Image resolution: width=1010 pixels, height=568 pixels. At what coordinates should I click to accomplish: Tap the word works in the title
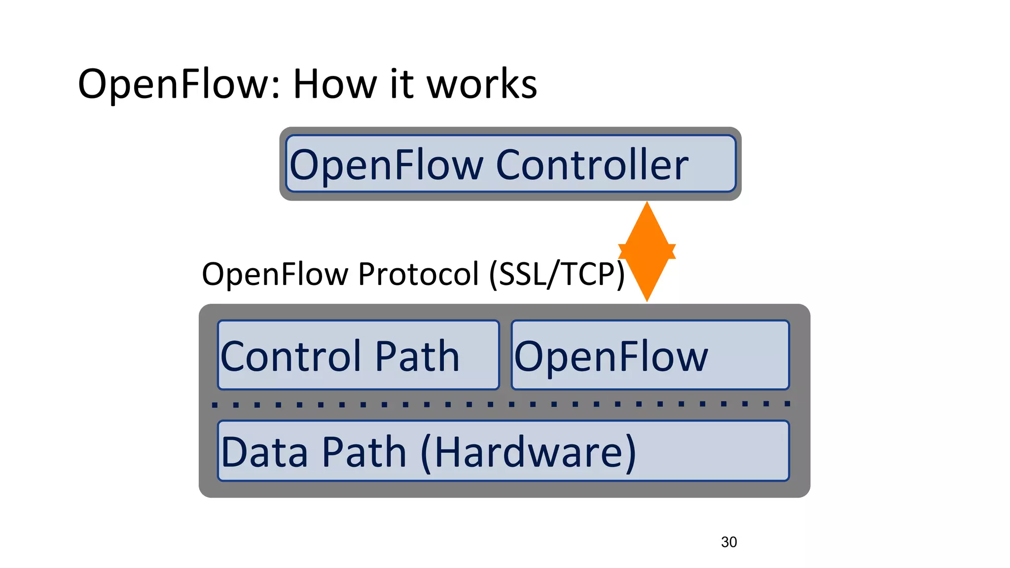(481, 84)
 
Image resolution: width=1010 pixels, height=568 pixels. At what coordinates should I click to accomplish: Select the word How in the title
(335, 84)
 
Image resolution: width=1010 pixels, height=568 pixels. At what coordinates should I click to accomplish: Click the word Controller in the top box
(592, 165)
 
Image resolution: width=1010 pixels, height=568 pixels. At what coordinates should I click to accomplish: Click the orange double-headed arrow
(647, 251)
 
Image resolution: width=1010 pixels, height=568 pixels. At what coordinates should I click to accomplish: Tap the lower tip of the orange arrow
(647, 298)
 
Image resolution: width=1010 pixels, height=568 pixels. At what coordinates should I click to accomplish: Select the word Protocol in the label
(418, 274)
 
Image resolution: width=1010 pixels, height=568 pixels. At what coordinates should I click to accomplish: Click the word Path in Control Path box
(417, 356)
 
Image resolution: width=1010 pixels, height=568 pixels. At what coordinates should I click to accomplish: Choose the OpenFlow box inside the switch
(650, 355)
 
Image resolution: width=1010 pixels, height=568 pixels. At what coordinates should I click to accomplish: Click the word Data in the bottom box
(265, 452)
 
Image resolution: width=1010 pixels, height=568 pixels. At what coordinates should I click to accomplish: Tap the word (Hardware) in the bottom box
(528, 453)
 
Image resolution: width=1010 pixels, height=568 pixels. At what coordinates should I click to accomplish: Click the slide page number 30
(729, 542)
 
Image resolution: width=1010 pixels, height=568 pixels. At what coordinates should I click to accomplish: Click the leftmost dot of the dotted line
(215, 405)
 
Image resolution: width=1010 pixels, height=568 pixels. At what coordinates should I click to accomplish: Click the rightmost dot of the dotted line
(788, 404)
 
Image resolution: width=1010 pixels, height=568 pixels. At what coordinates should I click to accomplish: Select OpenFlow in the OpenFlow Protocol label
(275, 274)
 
